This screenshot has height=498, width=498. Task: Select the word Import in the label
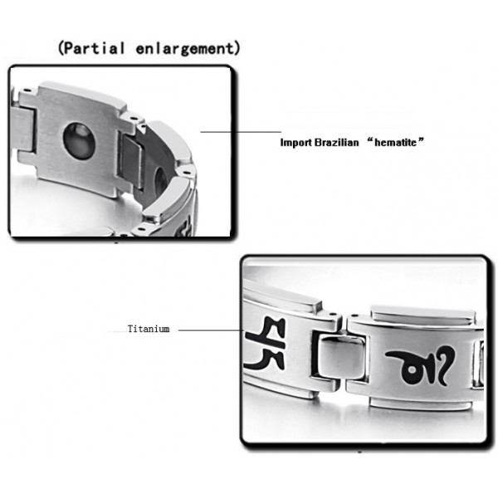coord(297,143)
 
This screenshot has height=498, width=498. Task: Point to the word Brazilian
coord(337,143)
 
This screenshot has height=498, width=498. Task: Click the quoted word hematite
coord(396,143)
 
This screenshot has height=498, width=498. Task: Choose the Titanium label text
coord(149,330)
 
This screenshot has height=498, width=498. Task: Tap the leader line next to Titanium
coord(207,330)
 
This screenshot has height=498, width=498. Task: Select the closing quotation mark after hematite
coord(422,141)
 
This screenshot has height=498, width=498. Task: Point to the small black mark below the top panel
coord(115,243)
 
